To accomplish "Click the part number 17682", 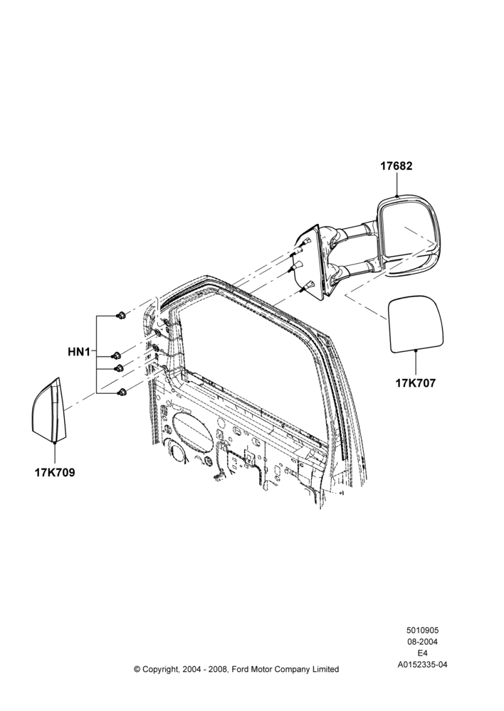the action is (x=397, y=166).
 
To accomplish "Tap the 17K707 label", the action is (x=416, y=383).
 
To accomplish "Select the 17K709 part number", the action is (x=55, y=473).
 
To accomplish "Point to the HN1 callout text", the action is (x=79, y=351).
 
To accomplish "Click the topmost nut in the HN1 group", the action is (x=121, y=315).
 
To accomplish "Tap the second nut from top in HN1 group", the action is (x=116, y=355).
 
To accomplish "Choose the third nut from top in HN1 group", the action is (x=119, y=368).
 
